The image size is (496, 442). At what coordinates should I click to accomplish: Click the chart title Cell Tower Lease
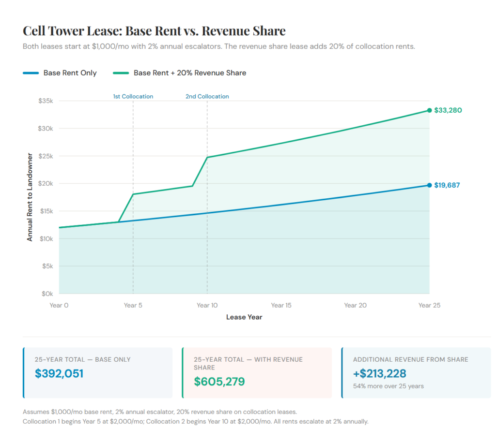pyautogui.click(x=154, y=31)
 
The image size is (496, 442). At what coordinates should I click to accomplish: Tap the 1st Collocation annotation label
pyautogui.click(x=133, y=96)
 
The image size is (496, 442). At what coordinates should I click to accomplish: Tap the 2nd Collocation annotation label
pyautogui.click(x=207, y=96)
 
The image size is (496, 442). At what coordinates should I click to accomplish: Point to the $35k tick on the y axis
pyautogui.click(x=46, y=101)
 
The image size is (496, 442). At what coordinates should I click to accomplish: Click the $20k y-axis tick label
pyautogui.click(x=46, y=184)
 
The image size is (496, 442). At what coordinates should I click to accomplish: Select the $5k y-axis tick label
pyautogui.click(x=47, y=266)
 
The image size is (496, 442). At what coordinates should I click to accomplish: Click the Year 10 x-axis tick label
pyautogui.click(x=207, y=305)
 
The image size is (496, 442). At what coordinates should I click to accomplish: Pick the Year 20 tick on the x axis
pyautogui.click(x=355, y=305)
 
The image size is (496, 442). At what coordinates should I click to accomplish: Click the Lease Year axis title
pyautogui.click(x=244, y=317)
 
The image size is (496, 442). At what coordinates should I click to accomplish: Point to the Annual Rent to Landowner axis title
pyautogui.click(x=30, y=197)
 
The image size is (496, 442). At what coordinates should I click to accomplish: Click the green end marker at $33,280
pyautogui.click(x=429, y=110)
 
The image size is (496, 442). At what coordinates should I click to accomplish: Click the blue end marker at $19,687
pyautogui.click(x=429, y=185)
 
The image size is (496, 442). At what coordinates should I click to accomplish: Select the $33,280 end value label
pyautogui.click(x=448, y=110)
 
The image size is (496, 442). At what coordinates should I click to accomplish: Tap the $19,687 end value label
pyautogui.click(x=447, y=185)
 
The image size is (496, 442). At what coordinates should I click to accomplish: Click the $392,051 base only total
pyautogui.click(x=59, y=373)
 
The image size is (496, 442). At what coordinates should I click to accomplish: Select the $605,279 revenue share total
pyautogui.click(x=219, y=381)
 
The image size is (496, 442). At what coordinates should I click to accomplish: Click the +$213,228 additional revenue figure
pyautogui.click(x=379, y=373)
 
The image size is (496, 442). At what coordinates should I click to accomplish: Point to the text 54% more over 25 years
pyautogui.click(x=388, y=386)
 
